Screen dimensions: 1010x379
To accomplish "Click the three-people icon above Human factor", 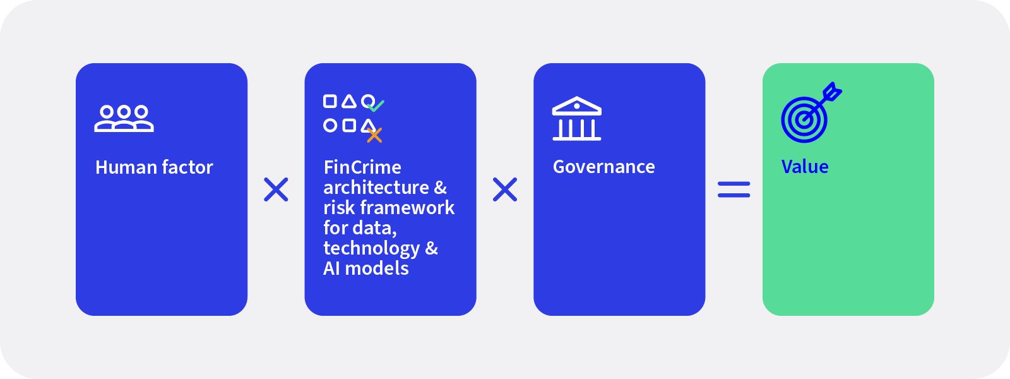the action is click(x=124, y=119).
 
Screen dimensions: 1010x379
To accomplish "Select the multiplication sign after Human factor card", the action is click(x=276, y=189).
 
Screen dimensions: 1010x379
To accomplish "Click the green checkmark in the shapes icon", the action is click(x=376, y=106).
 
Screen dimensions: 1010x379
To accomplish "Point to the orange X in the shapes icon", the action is click(x=374, y=135).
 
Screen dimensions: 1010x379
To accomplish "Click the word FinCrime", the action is click(x=362, y=167).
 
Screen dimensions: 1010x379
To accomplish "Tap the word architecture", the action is click(x=376, y=187).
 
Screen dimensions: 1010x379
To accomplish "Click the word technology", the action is click(x=372, y=249).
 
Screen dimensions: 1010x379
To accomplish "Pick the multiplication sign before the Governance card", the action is click(x=505, y=189).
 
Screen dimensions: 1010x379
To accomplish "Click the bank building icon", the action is click(x=577, y=118).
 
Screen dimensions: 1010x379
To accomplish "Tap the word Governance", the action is click(x=603, y=167).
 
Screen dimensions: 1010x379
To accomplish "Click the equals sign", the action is click(x=734, y=189).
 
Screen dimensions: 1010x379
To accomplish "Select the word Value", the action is click(x=805, y=167).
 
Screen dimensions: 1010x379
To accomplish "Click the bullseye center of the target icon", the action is click(x=804, y=120).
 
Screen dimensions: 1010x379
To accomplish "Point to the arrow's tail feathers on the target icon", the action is click(x=833, y=92).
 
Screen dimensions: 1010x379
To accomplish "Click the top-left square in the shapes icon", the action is click(x=330, y=101).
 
